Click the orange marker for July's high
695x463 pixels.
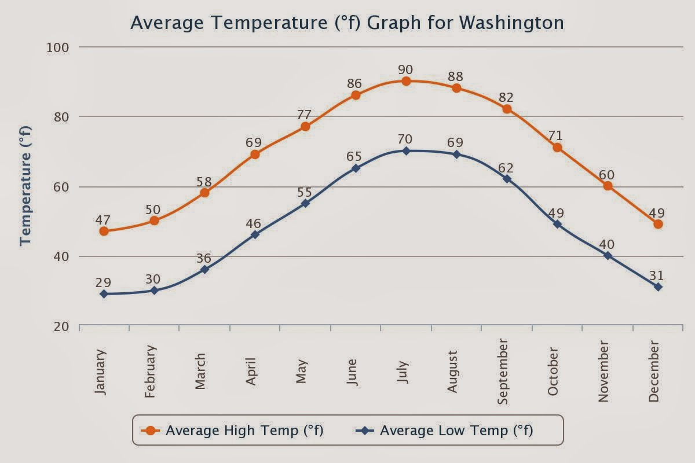click(406, 81)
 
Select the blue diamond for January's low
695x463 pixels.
click(104, 294)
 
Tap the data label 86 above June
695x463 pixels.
click(354, 83)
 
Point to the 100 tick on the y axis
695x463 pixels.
click(57, 47)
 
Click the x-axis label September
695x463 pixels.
click(503, 372)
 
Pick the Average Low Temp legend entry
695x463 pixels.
click(446, 431)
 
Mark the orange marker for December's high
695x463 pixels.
click(658, 224)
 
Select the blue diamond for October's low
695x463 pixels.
click(557, 224)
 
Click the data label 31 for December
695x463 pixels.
click(656, 275)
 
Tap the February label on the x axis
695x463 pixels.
click(151, 372)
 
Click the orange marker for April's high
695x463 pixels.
click(255, 155)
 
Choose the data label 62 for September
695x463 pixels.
click(506, 168)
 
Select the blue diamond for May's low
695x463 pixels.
click(305, 203)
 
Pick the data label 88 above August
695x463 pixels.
click(455, 76)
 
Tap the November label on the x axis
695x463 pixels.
click(604, 372)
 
